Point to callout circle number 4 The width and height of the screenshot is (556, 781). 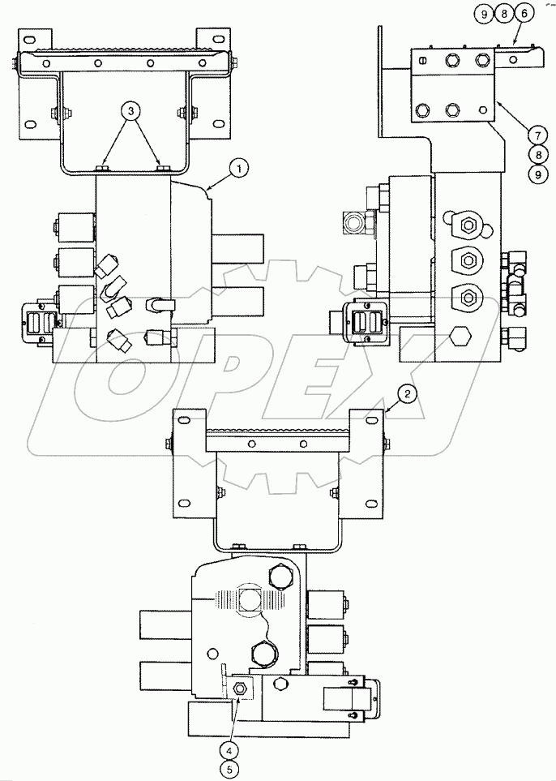click(232, 749)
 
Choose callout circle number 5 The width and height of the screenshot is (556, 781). click(232, 768)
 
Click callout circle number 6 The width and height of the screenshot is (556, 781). click(524, 14)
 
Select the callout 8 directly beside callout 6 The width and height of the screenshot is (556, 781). click(503, 14)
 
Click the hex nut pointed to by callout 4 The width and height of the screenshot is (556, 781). click(240, 689)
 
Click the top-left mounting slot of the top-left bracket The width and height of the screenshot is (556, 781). click(29, 39)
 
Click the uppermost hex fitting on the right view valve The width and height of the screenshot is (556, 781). click(468, 227)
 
